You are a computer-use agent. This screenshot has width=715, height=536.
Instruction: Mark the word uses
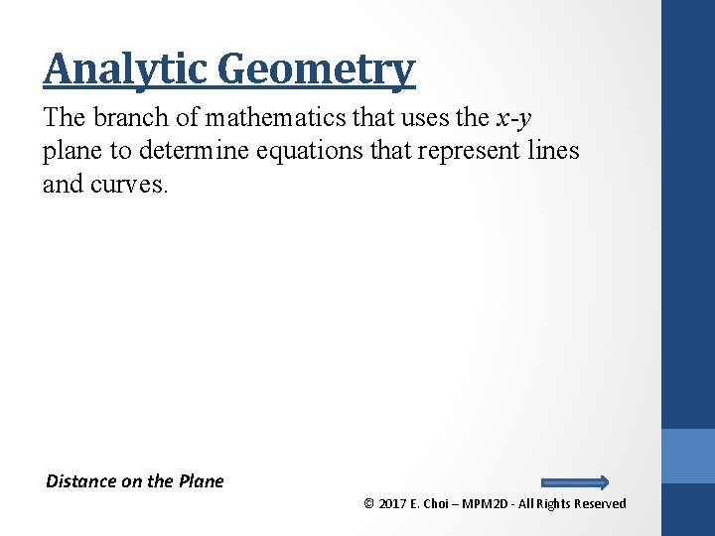[427, 117]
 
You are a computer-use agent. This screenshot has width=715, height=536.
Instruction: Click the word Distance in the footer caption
[81, 481]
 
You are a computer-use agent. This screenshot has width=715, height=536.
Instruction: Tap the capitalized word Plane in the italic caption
[202, 481]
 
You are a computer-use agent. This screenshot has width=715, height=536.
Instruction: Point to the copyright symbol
[369, 504]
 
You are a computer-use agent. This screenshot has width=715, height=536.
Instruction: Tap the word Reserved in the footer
[600, 504]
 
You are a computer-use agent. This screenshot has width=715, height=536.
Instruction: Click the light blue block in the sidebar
[688, 457]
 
